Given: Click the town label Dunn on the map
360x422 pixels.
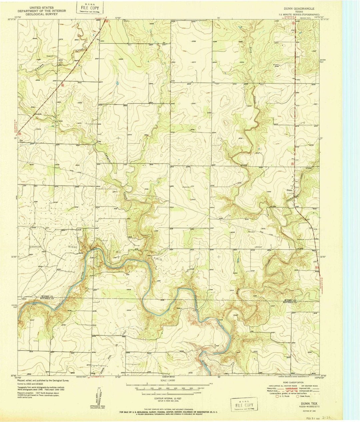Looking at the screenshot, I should pos(289,190).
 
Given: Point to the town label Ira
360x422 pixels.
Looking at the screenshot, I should pos(21,141).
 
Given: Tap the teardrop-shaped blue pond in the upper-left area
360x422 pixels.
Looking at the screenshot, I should pos(117,82).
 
